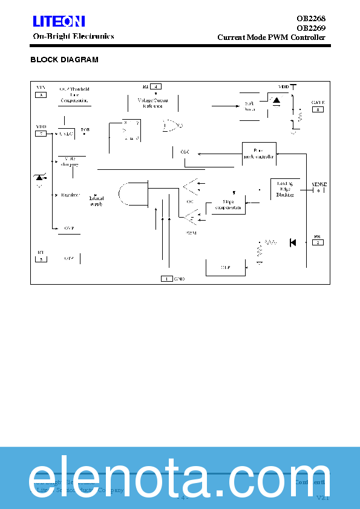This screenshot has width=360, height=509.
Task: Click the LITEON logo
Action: [x=59, y=22]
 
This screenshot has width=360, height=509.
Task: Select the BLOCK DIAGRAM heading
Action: [x=64, y=60]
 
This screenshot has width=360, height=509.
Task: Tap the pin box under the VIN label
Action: [x=41, y=95]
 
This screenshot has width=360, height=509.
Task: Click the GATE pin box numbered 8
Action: [x=318, y=109]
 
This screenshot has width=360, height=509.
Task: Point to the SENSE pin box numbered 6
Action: [x=318, y=190]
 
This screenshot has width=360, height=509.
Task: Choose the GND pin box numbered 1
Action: [x=166, y=278]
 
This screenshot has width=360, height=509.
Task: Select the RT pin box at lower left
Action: [x=41, y=259]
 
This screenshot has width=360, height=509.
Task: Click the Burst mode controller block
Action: [x=259, y=154]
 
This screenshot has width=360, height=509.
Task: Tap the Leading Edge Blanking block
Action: [x=284, y=189]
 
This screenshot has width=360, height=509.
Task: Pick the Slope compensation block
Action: [x=228, y=204]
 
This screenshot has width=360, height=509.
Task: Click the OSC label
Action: [x=185, y=152]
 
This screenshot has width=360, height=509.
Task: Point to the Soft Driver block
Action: [x=250, y=106]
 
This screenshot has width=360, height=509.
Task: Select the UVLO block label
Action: [x=66, y=133]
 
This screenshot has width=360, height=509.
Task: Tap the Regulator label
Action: [x=71, y=195]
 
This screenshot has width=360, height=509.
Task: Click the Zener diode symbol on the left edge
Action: [x=40, y=177]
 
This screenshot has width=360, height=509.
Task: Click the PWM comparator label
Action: [x=191, y=232]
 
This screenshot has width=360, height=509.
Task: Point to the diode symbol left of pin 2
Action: [x=293, y=242]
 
